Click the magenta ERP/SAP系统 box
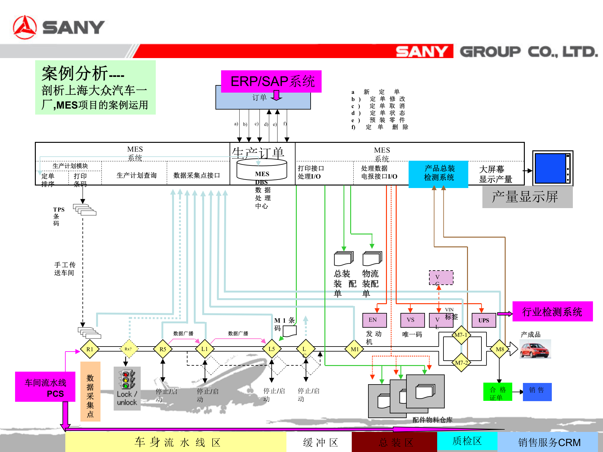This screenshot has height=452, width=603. click(271, 81)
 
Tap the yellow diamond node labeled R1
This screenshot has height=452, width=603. click(90, 349)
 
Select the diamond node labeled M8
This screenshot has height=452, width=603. click(499, 349)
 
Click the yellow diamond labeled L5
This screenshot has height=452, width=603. click(272, 349)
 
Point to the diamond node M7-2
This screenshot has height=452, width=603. click(461, 363)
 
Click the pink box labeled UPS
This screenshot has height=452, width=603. click(484, 320)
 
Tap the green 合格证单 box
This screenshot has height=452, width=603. click(497, 392)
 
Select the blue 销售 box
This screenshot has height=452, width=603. click(537, 392)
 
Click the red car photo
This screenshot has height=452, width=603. click(535, 349)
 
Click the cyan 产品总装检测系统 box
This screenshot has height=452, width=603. click(438, 174)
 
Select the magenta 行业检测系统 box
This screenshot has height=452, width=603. click(552, 311)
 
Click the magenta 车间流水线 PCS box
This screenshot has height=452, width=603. click(45, 387)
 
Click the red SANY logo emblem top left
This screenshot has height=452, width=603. click(25, 28)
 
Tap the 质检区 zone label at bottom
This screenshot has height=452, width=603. click(467, 441)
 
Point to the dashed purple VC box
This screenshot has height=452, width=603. click(441, 277)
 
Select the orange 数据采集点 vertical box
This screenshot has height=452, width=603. click(90, 391)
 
